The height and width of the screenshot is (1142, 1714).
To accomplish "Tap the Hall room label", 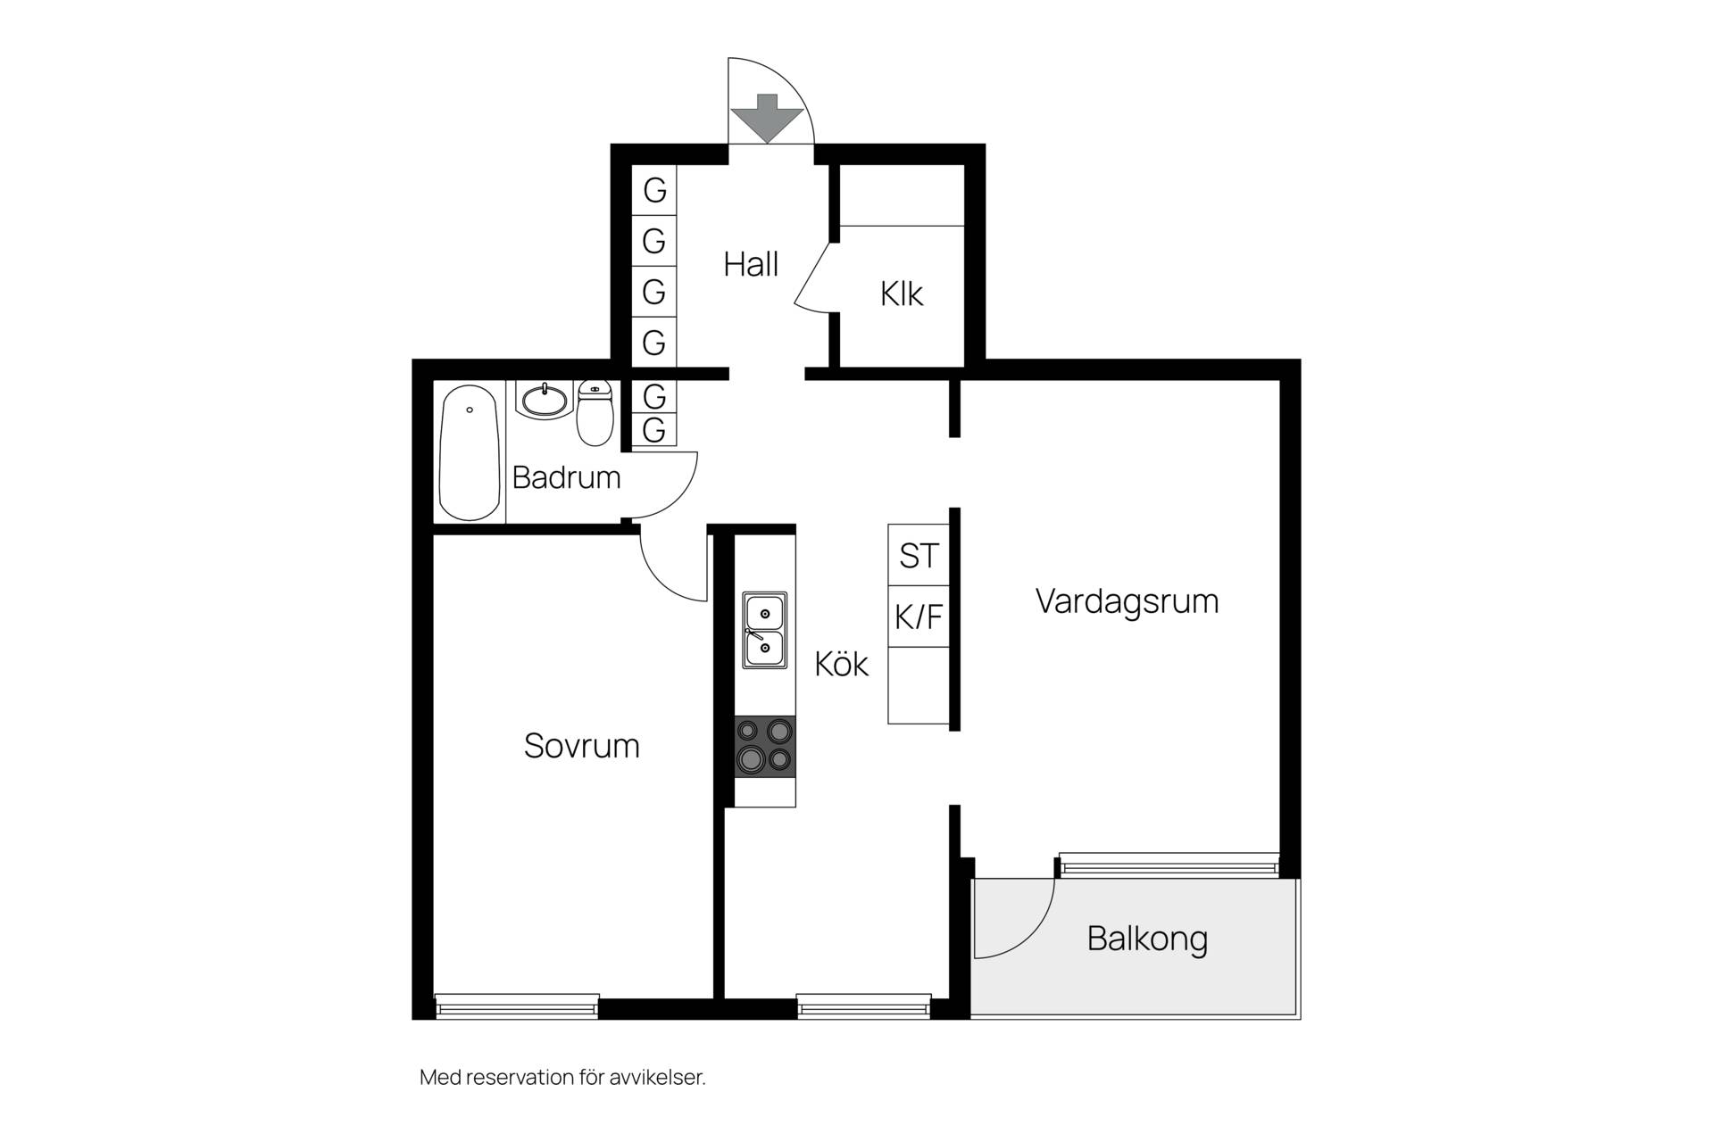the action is [x=751, y=264].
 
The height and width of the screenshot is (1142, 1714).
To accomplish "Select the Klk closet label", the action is [x=902, y=294].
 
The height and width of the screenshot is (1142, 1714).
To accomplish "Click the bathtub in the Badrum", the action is [x=470, y=452].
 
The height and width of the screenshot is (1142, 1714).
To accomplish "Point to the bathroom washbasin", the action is [x=543, y=401].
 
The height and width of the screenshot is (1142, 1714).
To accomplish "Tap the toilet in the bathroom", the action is [x=595, y=413].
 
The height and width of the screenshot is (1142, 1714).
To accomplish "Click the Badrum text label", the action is [x=566, y=477].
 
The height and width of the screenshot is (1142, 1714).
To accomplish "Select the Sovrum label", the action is [x=581, y=746].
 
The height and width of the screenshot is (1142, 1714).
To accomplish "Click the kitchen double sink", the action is [x=765, y=630].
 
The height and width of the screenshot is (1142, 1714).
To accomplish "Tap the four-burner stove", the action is [x=765, y=746].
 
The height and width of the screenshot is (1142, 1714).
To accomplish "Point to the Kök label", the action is [x=841, y=664].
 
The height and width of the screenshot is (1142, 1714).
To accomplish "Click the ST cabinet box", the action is [x=919, y=555].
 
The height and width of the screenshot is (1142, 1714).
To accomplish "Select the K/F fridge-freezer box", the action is [x=919, y=617].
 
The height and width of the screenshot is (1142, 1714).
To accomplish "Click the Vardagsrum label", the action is [x=1127, y=600].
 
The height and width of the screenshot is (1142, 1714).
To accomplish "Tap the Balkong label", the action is [x=1147, y=939].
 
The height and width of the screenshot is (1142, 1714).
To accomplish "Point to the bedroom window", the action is [x=517, y=1006].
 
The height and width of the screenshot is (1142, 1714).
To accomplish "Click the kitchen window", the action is [x=864, y=1006].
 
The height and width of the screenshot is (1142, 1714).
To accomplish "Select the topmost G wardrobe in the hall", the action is [x=654, y=190].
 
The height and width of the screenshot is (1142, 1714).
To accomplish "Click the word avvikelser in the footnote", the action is [x=657, y=1078].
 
